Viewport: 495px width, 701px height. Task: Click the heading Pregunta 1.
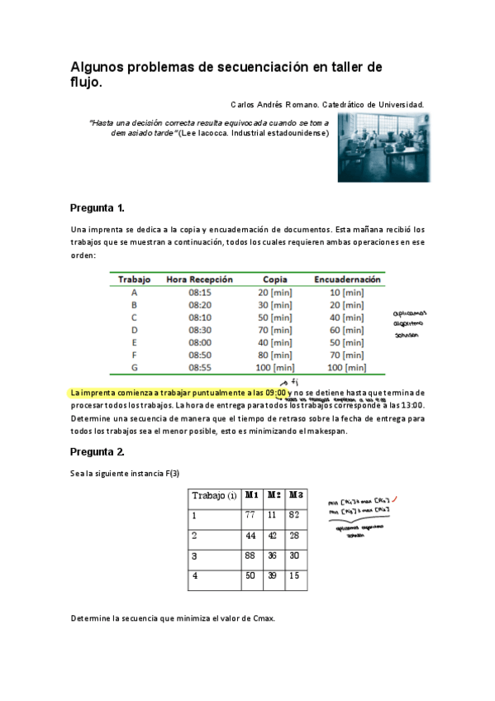[x=98, y=207]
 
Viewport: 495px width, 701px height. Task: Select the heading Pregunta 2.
[x=98, y=452]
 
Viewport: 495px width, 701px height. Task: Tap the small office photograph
[x=383, y=147]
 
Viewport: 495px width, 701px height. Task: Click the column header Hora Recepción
[x=200, y=279]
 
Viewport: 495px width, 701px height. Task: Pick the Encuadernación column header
[x=347, y=279]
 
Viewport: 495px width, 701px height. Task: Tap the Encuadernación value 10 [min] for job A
[x=347, y=292]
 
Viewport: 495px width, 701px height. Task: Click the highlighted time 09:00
[x=276, y=393]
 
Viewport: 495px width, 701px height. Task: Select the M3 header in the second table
[x=296, y=495]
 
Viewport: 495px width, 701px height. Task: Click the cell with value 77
[x=250, y=515]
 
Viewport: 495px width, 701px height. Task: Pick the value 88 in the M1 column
[x=250, y=556]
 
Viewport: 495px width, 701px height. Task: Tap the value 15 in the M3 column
[x=295, y=576]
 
